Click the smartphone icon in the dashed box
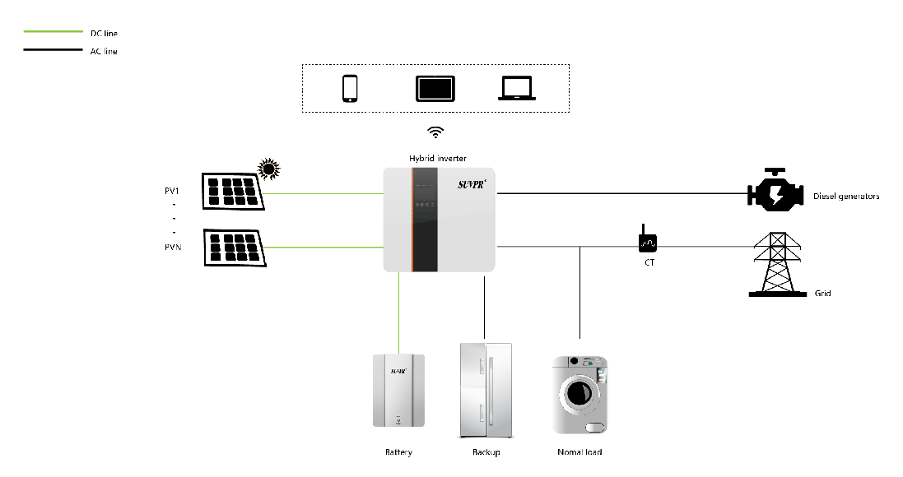(350, 88)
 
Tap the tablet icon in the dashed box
(435, 88)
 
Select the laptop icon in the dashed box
(517, 88)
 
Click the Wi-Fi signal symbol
(435, 132)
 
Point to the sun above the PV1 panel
(268, 169)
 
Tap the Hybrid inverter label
(439, 158)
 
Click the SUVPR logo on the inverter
(473, 185)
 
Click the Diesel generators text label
(846, 197)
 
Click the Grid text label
(822, 293)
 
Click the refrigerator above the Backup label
(486, 390)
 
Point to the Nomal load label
(580, 452)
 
